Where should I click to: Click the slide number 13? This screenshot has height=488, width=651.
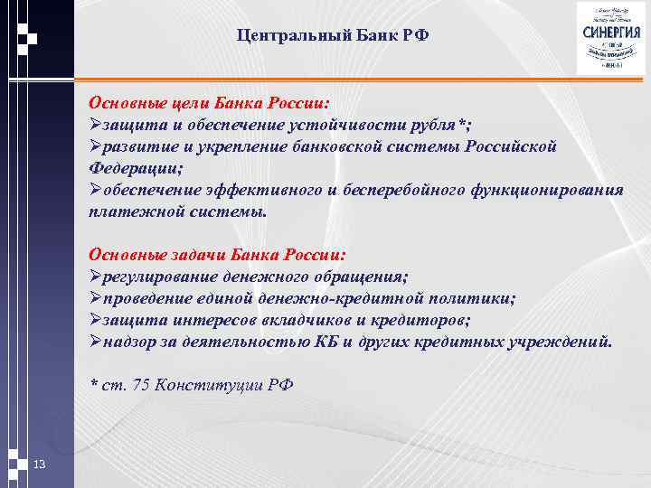(x=39, y=465)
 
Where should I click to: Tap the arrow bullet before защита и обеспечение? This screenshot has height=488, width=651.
(x=96, y=125)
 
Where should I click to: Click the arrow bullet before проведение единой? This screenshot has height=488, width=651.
(x=96, y=298)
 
